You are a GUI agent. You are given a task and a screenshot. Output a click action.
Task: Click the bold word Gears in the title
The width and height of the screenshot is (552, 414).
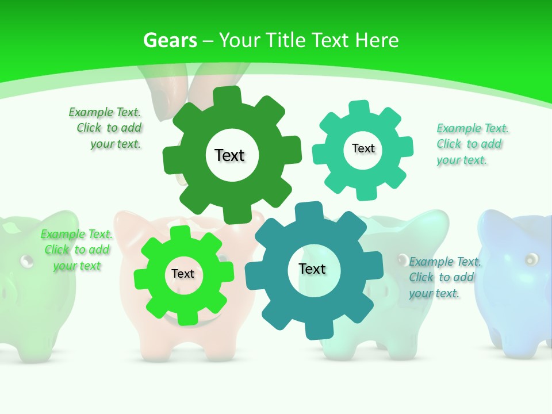[170, 40]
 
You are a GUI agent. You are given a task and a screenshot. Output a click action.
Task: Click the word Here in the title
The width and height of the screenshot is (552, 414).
[377, 40]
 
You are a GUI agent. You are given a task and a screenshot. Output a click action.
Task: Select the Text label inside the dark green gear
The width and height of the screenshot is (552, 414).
[229, 155]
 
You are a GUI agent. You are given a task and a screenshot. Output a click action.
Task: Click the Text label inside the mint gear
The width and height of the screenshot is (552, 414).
[363, 148]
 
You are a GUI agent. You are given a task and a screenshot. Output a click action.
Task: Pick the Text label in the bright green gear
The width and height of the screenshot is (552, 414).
[183, 274]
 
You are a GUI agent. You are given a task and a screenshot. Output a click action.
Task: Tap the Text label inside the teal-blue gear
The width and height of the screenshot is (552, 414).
[312, 269]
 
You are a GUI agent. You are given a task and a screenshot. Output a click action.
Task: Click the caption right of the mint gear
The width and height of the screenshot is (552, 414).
[470, 144]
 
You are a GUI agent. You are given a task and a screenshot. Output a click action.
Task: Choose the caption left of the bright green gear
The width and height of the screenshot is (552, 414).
[76, 250]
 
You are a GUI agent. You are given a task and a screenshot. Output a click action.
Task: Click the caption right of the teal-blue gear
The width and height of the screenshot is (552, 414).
[444, 277]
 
